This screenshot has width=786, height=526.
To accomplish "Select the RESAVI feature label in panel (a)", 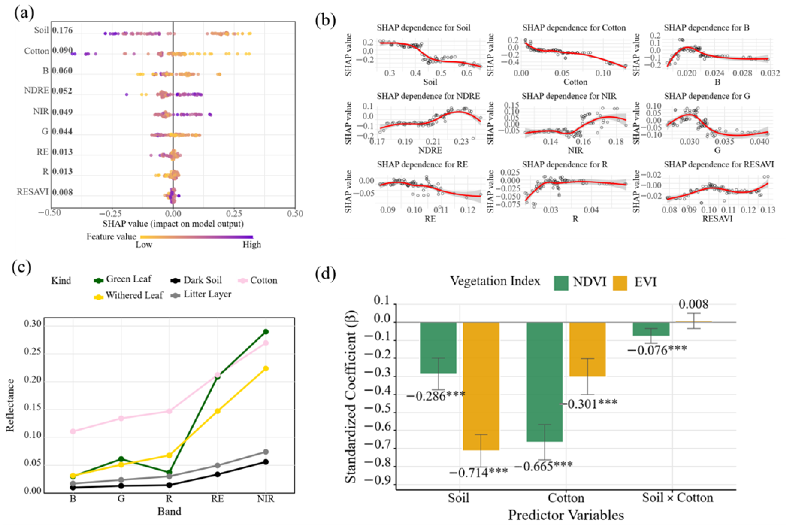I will click(x=33, y=192).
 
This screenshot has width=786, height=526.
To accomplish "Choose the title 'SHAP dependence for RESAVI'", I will click(x=719, y=164).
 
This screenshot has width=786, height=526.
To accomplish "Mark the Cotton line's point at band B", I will click(x=73, y=431).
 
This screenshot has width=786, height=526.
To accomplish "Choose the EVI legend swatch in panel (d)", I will click(x=620, y=283).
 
